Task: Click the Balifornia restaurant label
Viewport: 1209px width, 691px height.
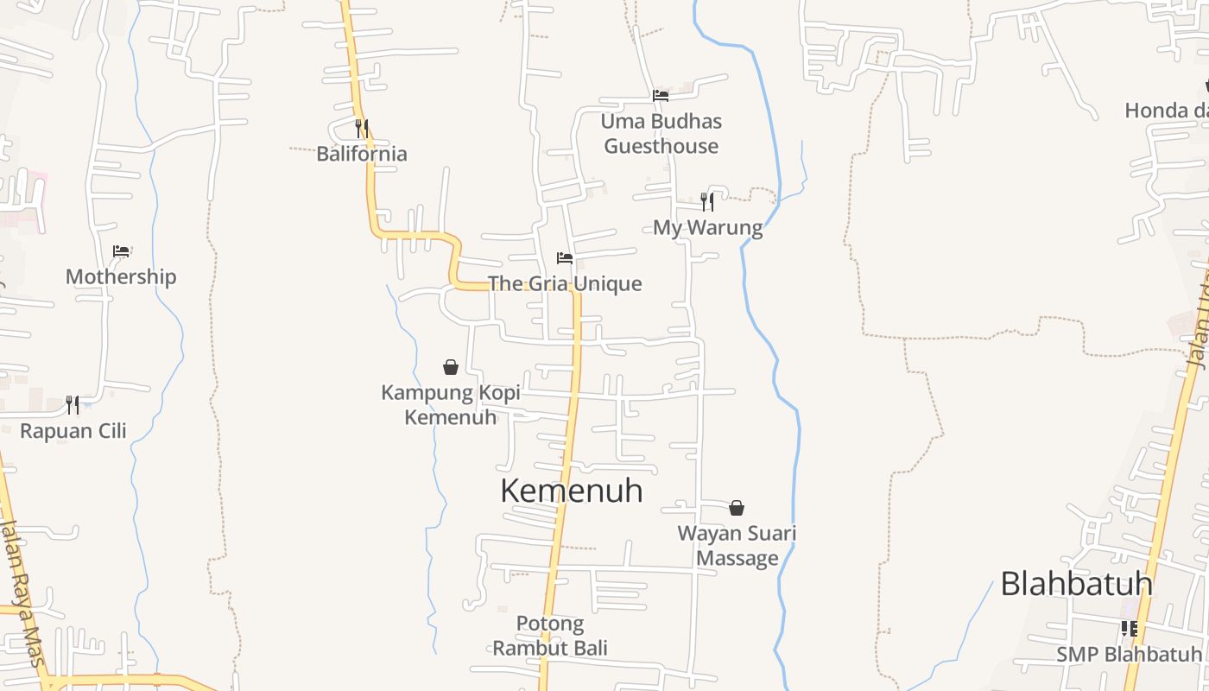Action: (361, 154)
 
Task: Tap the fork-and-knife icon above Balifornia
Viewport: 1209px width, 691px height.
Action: (362, 129)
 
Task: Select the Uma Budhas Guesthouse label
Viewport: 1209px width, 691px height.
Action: (661, 133)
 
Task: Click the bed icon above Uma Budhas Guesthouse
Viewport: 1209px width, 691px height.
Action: (661, 95)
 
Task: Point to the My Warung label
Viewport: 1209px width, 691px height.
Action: (707, 228)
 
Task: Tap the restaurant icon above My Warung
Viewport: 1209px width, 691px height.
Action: (707, 202)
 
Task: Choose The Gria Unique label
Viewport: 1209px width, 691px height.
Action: (565, 283)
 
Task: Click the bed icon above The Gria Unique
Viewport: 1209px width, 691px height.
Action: (565, 258)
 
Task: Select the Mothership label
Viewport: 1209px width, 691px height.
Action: (121, 276)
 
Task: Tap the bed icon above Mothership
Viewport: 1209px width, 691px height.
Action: (121, 251)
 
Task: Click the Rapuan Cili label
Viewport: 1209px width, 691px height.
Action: (73, 430)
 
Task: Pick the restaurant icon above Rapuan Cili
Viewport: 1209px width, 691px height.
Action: (73, 404)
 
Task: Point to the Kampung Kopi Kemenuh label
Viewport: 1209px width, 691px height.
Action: (451, 404)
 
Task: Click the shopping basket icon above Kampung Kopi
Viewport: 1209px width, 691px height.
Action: (450, 367)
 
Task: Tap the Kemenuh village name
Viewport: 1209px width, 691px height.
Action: (572, 491)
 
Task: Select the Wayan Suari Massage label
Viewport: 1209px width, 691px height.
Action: (737, 545)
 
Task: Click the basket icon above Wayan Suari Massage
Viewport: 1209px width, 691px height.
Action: (737, 508)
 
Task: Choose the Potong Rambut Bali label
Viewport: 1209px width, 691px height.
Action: (550, 635)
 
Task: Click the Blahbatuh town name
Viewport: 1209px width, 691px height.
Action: (1076, 584)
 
